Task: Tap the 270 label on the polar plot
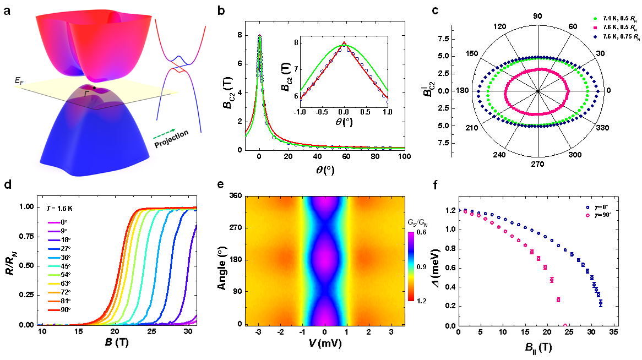(x=537, y=163)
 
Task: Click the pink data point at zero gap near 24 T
(x=565, y=325)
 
